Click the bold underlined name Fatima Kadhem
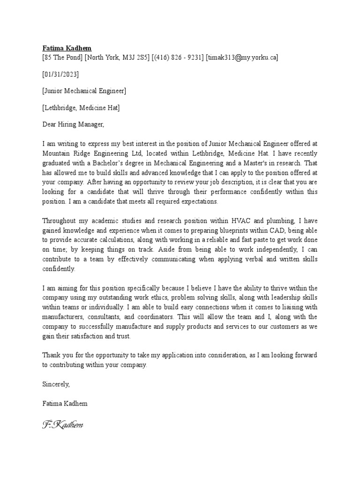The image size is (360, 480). [67, 48]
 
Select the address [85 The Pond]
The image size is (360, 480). [63, 58]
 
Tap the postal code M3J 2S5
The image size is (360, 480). [135, 58]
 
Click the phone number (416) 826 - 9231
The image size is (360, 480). [178, 58]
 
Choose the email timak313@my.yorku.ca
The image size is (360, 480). [242, 58]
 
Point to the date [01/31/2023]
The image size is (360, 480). [60, 74]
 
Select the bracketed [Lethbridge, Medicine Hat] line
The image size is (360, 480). [81, 108]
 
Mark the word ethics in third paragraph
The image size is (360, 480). [183, 297]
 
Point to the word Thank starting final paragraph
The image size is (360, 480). [52, 355]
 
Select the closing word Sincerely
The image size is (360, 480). [56, 384]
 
